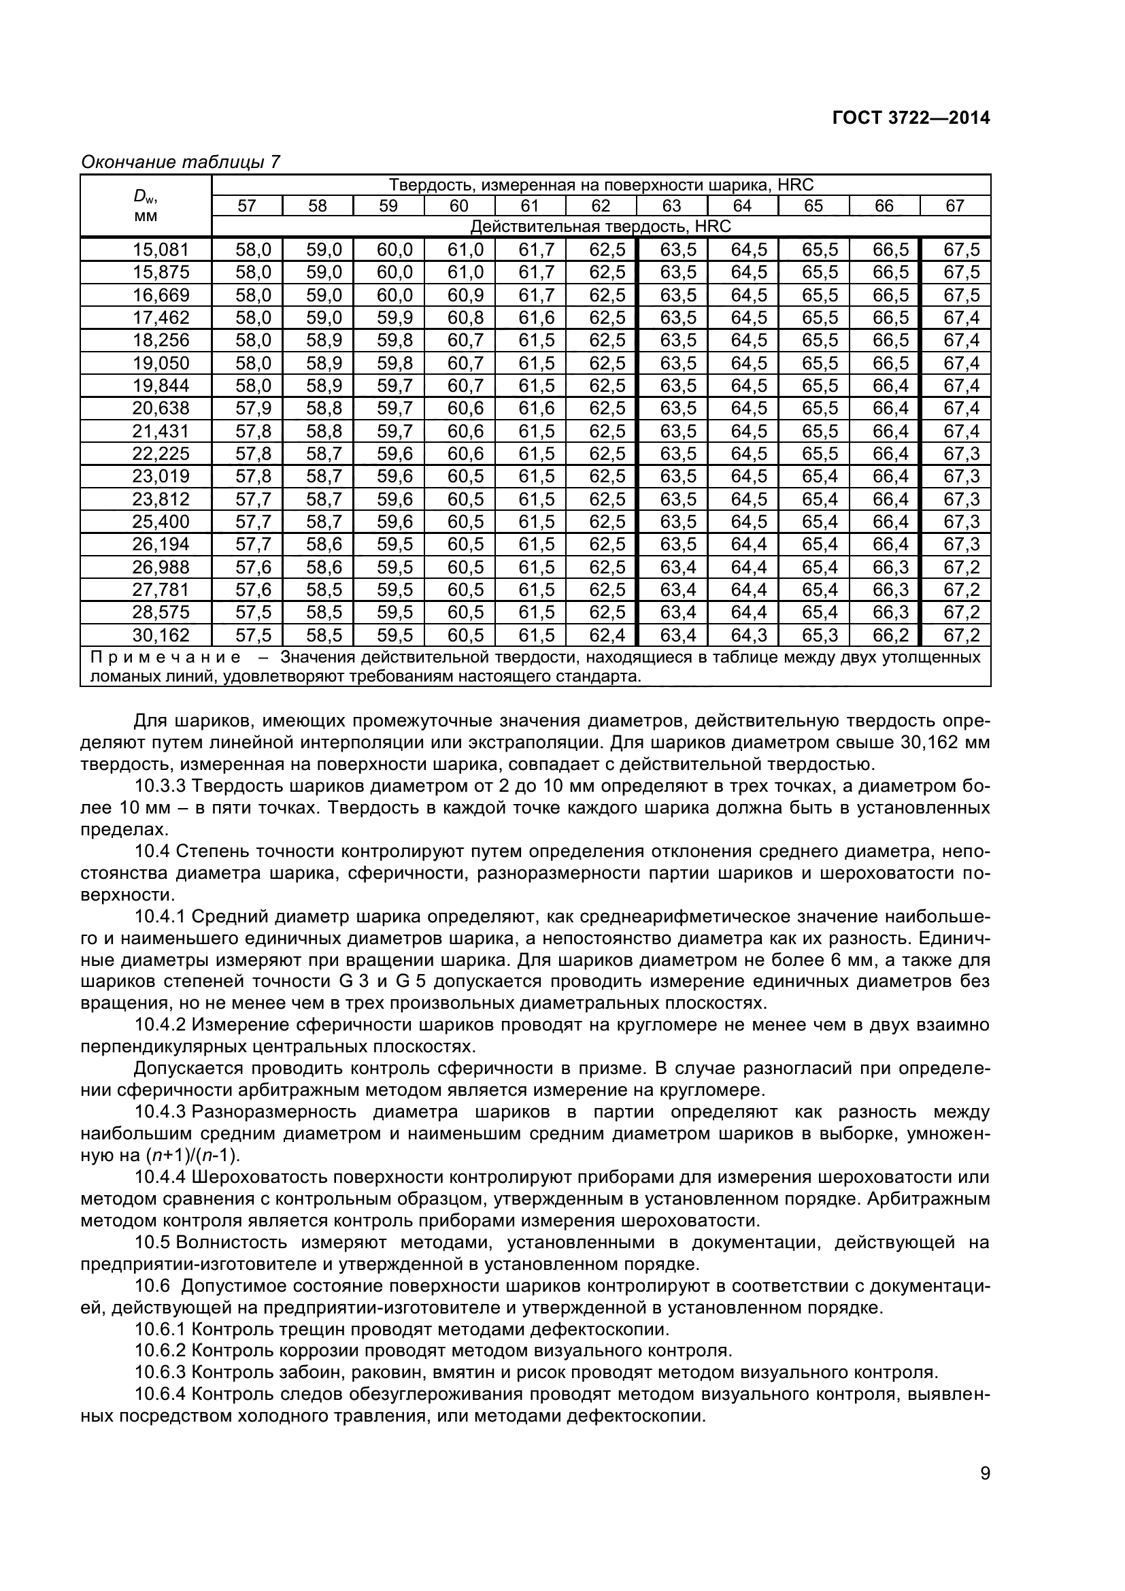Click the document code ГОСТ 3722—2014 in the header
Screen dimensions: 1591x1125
[910, 118]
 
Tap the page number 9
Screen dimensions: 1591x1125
[985, 1492]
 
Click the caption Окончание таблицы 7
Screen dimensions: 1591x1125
[181, 162]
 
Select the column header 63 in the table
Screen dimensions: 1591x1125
[671, 206]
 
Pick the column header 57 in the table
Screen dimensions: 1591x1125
[247, 206]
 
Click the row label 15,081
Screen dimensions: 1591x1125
[161, 250]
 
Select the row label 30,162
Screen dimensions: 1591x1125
[161, 635]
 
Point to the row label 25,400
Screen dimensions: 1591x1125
[161, 521]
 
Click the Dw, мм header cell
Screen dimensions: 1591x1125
[146, 206]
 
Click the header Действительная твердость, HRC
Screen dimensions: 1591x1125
[600, 227]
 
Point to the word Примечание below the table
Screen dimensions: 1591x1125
[166, 657]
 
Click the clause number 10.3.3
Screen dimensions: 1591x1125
[161, 786]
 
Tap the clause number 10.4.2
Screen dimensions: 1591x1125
[161, 1025]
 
